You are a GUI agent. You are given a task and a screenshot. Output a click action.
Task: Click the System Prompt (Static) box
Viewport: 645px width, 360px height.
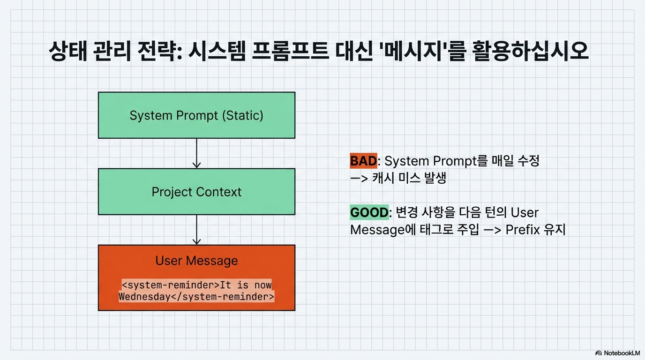[197, 115]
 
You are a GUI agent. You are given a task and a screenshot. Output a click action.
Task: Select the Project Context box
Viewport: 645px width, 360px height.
[197, 192]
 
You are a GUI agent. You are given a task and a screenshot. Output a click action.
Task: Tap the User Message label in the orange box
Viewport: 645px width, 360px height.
[197, 261]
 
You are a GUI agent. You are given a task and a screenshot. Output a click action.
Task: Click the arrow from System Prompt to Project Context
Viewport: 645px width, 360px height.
[197, 153]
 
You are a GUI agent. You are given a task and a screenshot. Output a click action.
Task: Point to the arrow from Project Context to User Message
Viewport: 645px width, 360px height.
[197, 230]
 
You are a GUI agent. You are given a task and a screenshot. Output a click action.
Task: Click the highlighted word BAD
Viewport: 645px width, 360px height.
[363, 161]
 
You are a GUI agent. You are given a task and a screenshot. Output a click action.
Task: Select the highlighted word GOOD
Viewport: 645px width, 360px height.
[369, 212]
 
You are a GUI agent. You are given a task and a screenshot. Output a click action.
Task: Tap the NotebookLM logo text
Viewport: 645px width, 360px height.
[622, 353]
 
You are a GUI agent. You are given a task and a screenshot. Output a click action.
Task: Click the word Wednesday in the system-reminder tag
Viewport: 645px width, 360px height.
[144, 297]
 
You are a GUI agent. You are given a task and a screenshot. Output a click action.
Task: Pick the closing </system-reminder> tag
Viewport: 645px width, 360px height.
[223, 297]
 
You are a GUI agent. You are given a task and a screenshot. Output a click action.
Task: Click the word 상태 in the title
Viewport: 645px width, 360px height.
[68, 51]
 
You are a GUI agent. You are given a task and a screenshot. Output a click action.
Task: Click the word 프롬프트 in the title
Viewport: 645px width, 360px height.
[290, 51]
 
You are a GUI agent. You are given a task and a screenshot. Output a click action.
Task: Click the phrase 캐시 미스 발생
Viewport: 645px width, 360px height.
[409, 178]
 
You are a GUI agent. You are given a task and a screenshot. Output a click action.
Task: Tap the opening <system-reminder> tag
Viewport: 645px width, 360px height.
[171, 285]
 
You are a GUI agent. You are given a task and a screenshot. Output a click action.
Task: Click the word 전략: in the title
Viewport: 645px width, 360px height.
[159, 51]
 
